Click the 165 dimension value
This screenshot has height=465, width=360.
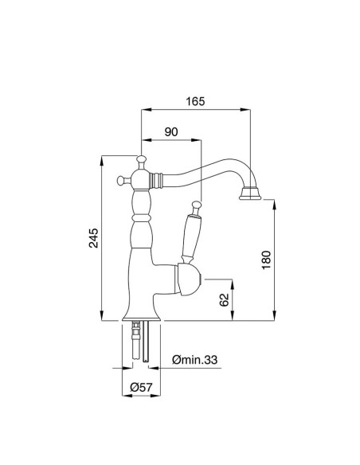[x=196, y=101]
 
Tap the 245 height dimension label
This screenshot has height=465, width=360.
[x=93, y=239]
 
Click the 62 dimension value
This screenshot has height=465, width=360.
[x=224, y=300]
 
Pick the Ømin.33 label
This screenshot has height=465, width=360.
[x=195, y=361]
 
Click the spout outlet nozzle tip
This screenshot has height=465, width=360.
[x=251, y=193]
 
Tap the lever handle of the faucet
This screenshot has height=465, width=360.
[x=190, y=233]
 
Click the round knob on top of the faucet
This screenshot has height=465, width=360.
[x=141, y=161]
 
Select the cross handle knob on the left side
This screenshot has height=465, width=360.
[x=122, y=179]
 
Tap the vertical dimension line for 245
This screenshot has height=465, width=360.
[x=104, y=239]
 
